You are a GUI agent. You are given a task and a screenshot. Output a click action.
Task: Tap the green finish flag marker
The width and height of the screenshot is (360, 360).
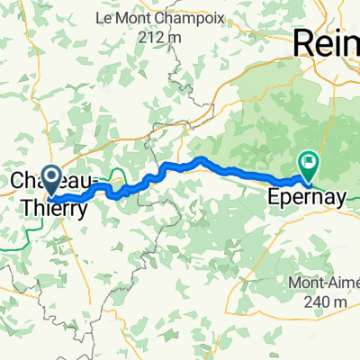[x=309, y=164]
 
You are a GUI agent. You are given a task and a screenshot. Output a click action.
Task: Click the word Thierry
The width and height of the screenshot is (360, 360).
[x=56, y=209]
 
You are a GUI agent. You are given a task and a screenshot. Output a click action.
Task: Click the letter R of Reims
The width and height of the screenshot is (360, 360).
[x=304, y=42]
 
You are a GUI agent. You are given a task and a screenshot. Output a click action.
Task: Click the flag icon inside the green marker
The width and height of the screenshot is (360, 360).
[x=309, y=162]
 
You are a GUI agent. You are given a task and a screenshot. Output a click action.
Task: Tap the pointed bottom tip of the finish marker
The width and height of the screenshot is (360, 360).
[x=309, y=179]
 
